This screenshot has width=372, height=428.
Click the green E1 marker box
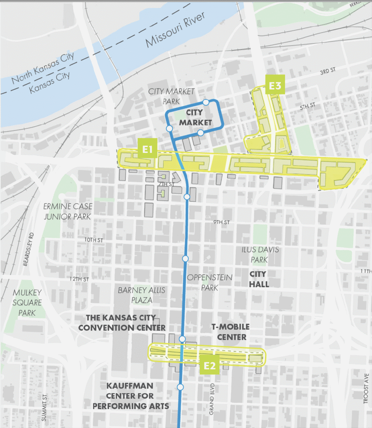coord(147,148)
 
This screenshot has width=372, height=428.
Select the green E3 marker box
coord(275,85)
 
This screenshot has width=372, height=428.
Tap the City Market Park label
coord(171,96)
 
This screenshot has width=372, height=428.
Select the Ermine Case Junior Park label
coord(68,211)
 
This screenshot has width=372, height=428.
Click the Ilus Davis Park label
coord(260,255)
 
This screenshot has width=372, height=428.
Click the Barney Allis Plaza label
coord(141,295)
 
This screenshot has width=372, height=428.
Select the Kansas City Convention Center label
coord(122,322)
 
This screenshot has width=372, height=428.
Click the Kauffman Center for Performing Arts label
coord(130,395)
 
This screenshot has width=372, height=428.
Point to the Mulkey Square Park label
coord(27,303)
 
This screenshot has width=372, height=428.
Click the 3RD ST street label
coord(328,72)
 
